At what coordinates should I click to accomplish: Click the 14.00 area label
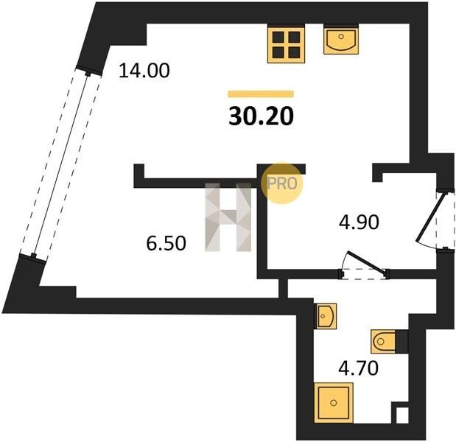pos(144,71)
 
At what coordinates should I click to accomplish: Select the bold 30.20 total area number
pos(262,116)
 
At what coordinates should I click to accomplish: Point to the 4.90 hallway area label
pos(359,222)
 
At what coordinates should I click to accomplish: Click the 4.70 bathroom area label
pos(358,368)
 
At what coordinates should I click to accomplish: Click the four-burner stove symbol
pos(287,44)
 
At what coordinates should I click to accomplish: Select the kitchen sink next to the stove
pos(341,40)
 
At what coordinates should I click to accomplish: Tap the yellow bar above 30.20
pos(261,94)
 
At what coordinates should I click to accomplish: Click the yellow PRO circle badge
pos(282,183)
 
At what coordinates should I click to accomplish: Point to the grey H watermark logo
pos(228,217)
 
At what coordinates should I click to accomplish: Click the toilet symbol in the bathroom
pos(383,341)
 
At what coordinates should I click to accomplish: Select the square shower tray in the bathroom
pos(334,403)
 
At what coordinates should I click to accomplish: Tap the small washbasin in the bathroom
pos(326,316)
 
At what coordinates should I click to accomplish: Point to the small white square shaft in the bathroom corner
pos(402,415)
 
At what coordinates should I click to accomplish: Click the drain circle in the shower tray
pos(334,403)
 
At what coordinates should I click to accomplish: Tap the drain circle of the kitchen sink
pos(341,36)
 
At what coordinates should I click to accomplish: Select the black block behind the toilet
pos(401,341)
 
